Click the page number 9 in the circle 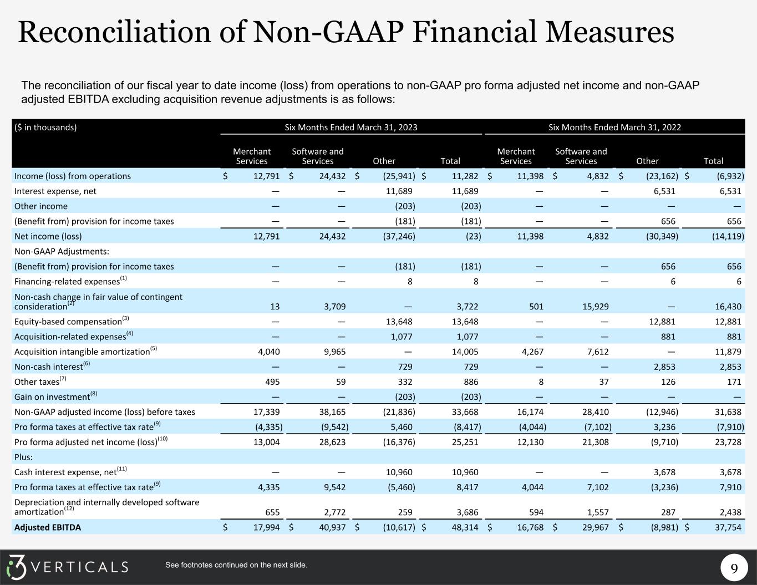point(734,568)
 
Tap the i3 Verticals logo point(67,567)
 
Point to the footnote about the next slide point(236,565)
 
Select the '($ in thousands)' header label point(45,127)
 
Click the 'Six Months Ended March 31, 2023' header point(350,127)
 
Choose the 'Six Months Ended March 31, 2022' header point(614,127)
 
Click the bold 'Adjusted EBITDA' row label point(48,527)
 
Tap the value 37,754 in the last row point(727,527)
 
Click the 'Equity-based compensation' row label point(68,321)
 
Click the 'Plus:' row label point(24,457)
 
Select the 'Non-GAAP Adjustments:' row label point(62,251)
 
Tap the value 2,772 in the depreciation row point(333,512)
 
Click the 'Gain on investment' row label point(52,396)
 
